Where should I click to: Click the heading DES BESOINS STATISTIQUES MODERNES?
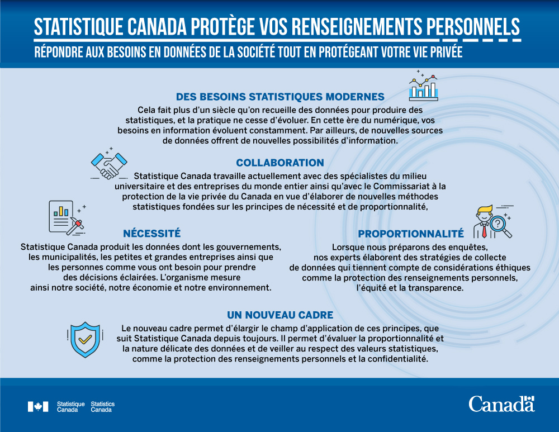[280, 96]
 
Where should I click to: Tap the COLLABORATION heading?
[279, 163]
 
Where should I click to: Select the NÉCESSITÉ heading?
[151, 233]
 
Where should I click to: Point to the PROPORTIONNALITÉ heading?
[411, 234]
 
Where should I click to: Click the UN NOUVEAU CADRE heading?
[280, 315]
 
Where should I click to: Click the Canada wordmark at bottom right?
[501, 403]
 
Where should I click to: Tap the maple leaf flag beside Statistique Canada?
[38, 407]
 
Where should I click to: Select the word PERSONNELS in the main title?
[473, 26]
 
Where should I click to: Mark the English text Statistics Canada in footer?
[102, 407]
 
